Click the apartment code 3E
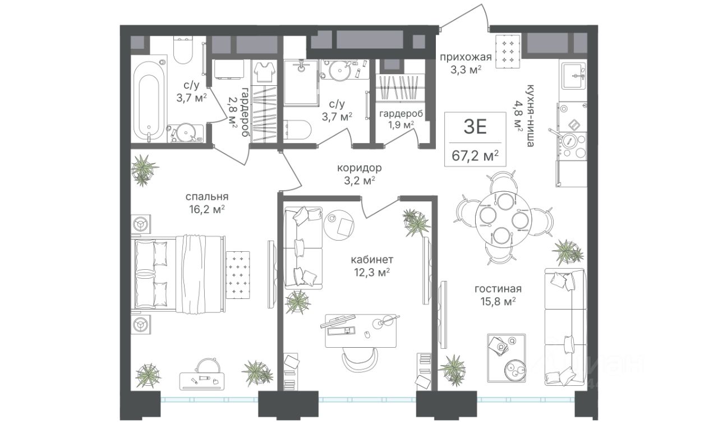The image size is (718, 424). click(x=475, y=127)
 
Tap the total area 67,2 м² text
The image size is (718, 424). click(x=475, y=156)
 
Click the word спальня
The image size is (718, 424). click(x=207, y=196)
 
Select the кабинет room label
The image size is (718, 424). click(x=372, y=259)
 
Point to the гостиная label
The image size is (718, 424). click(x=498, y=289)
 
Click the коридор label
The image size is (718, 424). click(x=360, y=168)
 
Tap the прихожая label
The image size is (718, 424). click(x=466, y=57)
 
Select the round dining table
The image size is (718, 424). click(x=503, y=219)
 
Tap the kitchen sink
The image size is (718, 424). click(x=573, y=77)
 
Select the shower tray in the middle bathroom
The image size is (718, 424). click(x=301, y=82)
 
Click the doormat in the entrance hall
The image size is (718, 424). click(x=508, y=51)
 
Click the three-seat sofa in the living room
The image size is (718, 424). click(x=566, y=327)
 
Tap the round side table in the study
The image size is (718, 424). click(x=339, y=225)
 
